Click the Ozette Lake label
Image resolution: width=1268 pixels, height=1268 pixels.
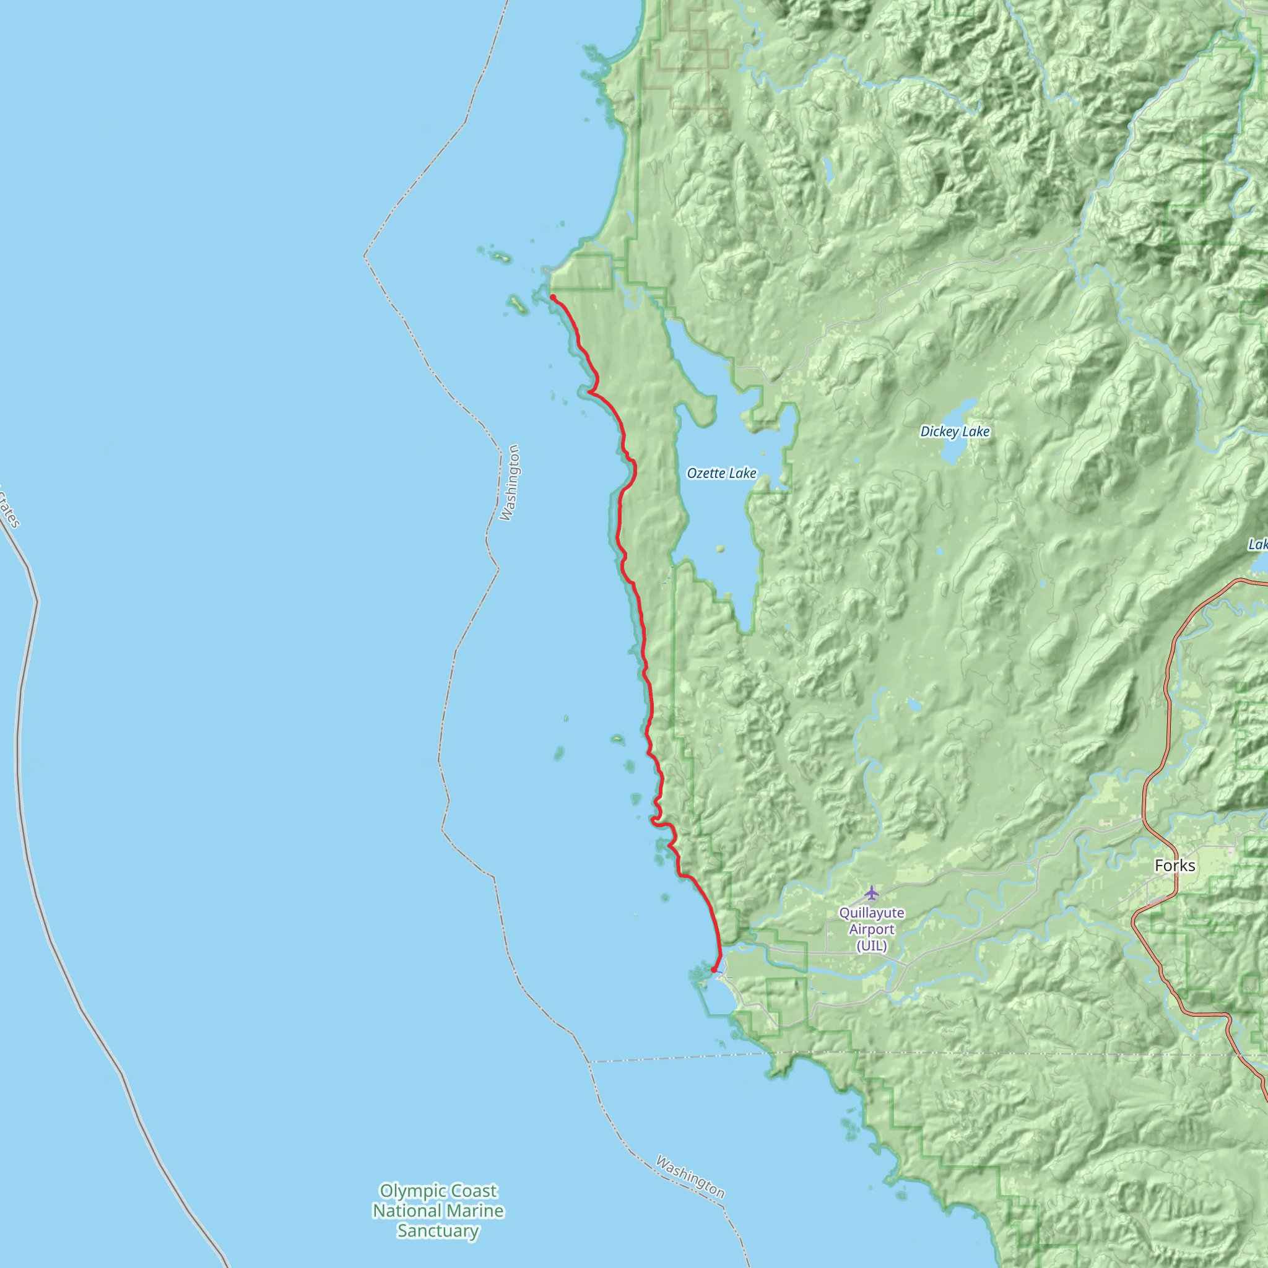point(721,473)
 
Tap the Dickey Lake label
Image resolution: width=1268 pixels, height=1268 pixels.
point(954,431)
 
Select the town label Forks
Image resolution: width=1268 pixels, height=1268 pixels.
point(1175,866)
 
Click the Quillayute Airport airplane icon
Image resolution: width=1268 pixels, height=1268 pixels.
point(871,893)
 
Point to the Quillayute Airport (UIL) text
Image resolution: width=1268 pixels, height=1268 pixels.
point(872,929)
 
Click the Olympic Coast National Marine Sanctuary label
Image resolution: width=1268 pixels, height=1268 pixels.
point(438,1210)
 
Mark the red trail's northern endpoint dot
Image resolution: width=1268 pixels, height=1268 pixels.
point(554,298)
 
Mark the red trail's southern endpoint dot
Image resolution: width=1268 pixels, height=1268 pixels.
point(714,970)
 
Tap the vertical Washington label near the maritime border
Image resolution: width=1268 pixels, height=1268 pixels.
point(510,482)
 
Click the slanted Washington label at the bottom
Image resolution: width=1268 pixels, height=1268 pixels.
point(690,1177)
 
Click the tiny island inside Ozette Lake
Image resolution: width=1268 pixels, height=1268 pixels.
point(721,549)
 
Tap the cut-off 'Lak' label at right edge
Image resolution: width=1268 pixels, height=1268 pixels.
point(1257,544)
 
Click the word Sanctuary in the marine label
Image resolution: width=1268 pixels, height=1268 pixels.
point(438,1231)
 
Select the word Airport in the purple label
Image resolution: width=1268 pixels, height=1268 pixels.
point(872,929)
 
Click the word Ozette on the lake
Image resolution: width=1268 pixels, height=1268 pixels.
point(706,473)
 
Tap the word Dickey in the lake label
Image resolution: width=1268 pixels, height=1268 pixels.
point(939,431)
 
